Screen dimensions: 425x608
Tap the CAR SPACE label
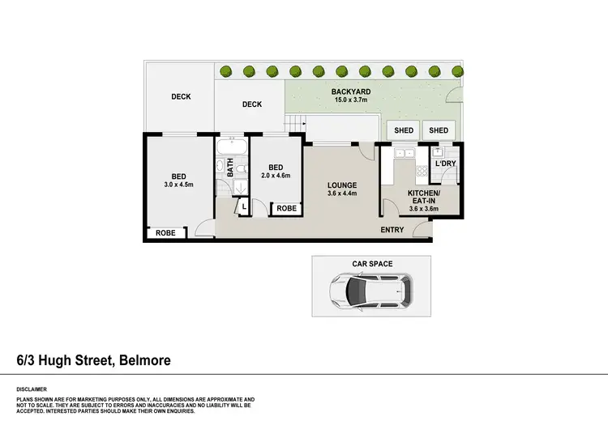[x=371, y=264]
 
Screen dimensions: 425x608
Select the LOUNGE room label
[x=342, y=185]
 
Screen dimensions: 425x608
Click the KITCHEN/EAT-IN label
[x=423, y=196]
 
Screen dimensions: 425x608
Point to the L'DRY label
[x=446, y=164]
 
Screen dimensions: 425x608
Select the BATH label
[x=230, y=168]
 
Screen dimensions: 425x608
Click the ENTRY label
[x=392, y=231]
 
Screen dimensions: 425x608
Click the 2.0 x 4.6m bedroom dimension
[x=276, y=176]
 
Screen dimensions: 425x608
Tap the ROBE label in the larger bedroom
[x=165, y=233]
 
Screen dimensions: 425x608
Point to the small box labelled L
[x=244, y=208]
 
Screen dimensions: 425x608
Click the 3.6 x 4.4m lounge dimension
[x=342, y=194]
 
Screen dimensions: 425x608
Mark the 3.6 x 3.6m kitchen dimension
[x=423, y=209]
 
